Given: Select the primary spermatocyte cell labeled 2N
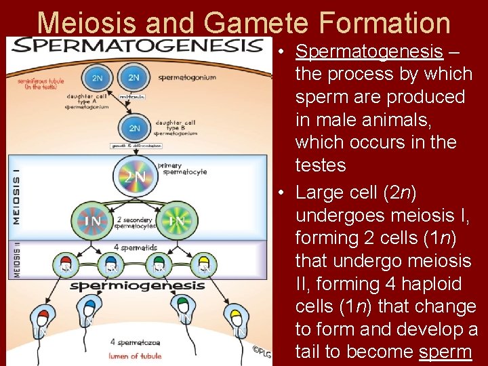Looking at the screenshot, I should click(x=134, y=176).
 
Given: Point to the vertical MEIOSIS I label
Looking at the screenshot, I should click(x=15, y=197).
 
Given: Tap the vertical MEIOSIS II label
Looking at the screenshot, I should click(x=15, y=260).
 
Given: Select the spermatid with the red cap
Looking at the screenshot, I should click(x=67, y=264).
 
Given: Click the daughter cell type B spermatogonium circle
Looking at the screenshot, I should click(x=135, y=127).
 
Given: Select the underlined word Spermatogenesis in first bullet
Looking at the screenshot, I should click(x=369, y=51).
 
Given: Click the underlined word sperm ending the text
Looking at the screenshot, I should click(x=445, y=352).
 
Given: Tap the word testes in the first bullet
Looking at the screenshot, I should click(x=321, y=165).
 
